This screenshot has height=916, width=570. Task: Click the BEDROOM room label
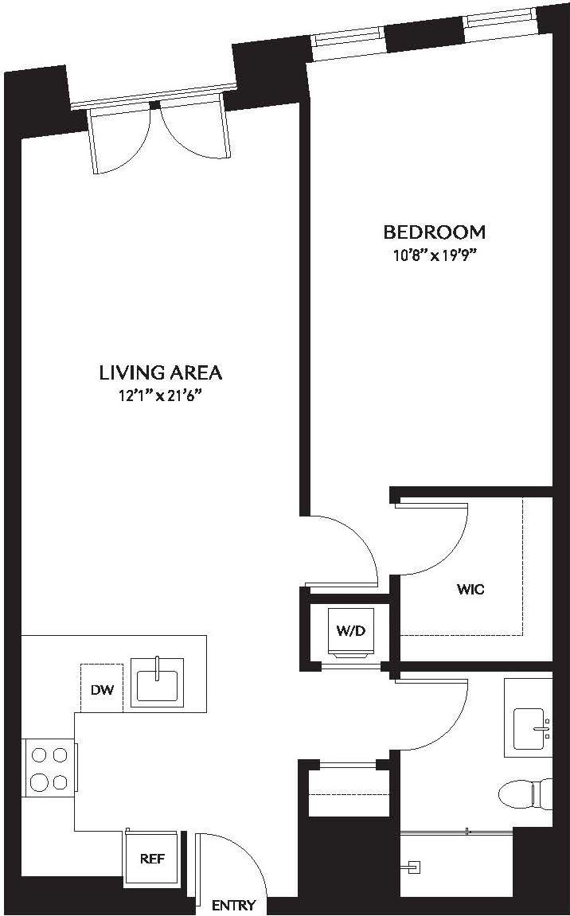(x=434, y=232)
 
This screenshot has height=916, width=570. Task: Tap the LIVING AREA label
(x=160, y=372)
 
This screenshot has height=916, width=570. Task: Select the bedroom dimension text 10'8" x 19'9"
(x=434, y=255)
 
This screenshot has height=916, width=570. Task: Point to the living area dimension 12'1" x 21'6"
(x=160, y=396)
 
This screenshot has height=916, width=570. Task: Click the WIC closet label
(x=470, y=590)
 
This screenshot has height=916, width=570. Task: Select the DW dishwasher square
(x=101, y=688)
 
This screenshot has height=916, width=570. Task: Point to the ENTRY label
(x=234, y=906)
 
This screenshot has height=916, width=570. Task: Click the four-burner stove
(x=49, y=766)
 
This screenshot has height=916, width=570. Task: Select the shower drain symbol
(x=412, y=864)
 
